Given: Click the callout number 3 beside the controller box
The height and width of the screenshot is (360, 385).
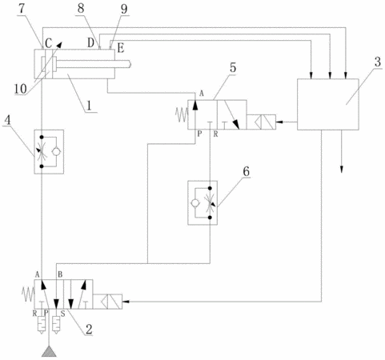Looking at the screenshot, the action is (x=378, y=62).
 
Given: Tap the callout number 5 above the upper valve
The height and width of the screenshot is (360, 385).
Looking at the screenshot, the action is (x=233, y=68).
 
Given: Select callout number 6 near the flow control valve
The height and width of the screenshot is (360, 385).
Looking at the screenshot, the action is (x=246, y=171).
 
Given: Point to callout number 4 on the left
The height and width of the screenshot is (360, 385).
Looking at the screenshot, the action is (x=8, y=120).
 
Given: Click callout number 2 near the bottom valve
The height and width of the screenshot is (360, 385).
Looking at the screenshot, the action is (x=89, y=330).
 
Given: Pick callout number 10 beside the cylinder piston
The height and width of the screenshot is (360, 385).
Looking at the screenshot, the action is (x=20, y=89).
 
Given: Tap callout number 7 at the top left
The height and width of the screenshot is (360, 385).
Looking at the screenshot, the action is (x=22, y=9).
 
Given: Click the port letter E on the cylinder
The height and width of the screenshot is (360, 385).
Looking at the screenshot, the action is (x=121, y=48).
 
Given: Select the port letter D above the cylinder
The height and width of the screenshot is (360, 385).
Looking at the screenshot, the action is (x=91, y=42).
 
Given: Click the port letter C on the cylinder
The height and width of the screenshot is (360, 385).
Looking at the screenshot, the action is (x=48, y=43).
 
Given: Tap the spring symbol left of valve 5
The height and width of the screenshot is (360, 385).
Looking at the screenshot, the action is (x=182, y=114).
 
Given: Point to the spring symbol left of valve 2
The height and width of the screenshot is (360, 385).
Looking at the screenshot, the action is (x=28, y=294).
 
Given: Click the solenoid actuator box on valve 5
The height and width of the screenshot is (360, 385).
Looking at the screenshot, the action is (x=261, y=122).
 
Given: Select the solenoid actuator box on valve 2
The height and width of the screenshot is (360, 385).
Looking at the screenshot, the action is (x=107, y=302).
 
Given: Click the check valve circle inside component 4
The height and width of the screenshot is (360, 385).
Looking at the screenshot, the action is (x=56, y=152).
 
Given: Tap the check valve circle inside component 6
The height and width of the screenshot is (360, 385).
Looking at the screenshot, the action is (x=195, y=203).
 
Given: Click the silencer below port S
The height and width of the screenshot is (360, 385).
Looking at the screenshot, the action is (x=56, y=325).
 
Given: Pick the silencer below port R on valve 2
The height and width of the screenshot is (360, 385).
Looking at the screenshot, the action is (x=41, y=325).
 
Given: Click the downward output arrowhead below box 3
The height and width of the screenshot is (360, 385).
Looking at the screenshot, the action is (x=342, y=169).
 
